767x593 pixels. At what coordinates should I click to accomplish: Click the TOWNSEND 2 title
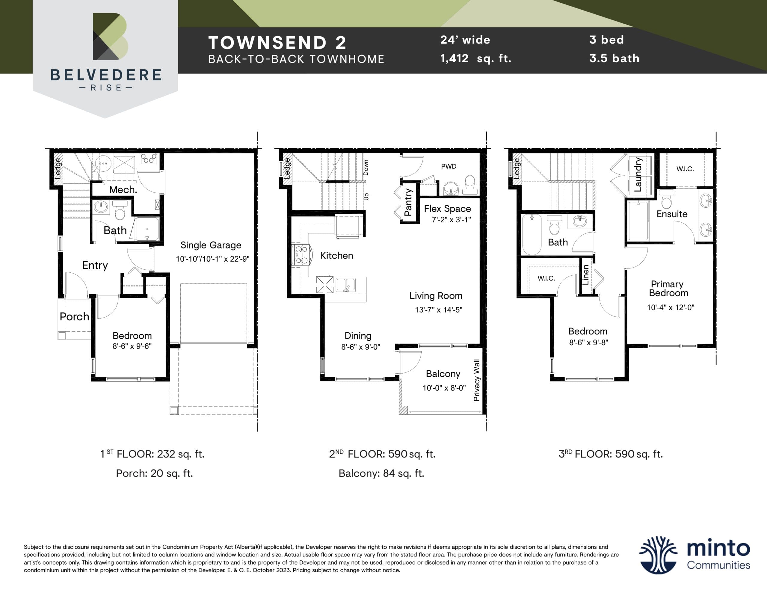coord(277,43)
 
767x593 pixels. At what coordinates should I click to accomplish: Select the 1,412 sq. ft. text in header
coord(475,58)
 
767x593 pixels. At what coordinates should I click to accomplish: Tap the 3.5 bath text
coord(614,58)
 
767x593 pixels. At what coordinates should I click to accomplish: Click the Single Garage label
coord(211,245)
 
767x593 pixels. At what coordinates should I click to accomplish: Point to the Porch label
coord(74,316)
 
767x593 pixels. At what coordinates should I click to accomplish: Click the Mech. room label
coord(123,190)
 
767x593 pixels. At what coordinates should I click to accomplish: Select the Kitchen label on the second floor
coord(336,255)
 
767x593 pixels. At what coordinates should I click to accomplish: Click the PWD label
coord(449,166)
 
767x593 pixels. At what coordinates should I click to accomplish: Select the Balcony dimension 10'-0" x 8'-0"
coord(444,388)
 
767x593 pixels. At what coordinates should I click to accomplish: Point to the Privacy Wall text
coord(477,380)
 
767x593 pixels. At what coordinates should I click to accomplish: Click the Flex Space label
coord(447,209)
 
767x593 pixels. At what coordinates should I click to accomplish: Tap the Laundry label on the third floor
coord(638,175)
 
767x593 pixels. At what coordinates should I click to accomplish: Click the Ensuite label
coord(671,214)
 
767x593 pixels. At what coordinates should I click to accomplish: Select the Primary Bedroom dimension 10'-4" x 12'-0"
coord(671,307)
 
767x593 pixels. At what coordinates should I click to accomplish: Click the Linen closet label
coord(585,275)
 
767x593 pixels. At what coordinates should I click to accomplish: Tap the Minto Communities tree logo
coord(657,555)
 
